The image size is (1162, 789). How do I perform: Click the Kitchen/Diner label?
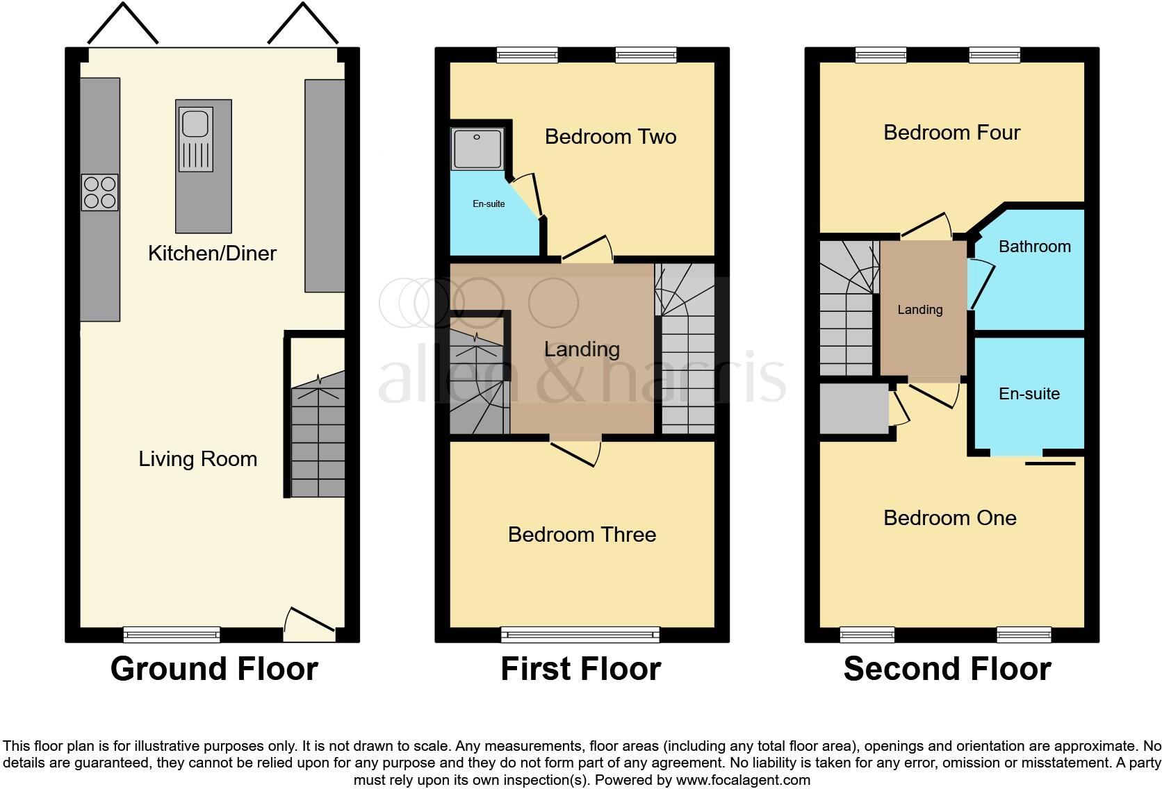212,253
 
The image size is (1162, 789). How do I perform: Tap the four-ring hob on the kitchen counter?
100,192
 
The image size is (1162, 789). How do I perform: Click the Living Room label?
197,458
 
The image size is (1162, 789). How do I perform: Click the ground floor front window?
171,633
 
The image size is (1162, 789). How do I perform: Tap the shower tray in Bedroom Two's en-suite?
477,149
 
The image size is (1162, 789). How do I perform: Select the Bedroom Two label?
610,136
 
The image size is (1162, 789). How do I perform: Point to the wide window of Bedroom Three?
580,633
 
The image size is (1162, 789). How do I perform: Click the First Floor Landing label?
582,349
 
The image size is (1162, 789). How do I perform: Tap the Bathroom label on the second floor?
1034,247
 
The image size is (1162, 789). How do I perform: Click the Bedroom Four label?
951,132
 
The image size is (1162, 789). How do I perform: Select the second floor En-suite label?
1029,394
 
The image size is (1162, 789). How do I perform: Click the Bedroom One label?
949,517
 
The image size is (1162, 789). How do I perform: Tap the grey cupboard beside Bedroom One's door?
853,408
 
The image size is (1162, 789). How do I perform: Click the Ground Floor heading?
214,669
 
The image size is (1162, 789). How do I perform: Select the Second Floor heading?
947,669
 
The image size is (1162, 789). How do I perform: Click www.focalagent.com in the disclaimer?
743,780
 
